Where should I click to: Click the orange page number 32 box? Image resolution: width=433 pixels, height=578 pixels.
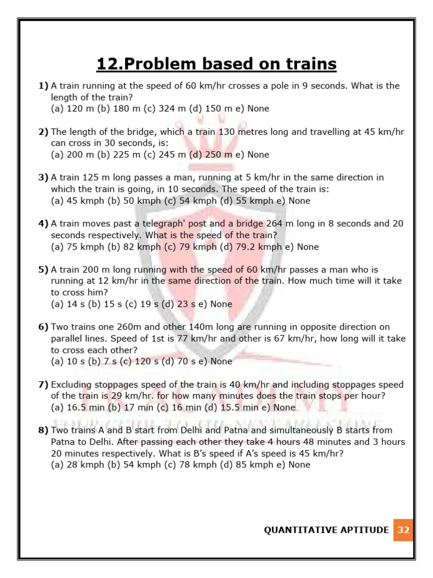[403, 530]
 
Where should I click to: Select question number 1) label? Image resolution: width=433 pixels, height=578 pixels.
[43, 86]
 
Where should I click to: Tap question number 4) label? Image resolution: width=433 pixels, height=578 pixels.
[43, 224]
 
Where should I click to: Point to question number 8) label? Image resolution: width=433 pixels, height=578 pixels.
[43, 431]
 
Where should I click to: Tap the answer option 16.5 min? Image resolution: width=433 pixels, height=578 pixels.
[78, 408]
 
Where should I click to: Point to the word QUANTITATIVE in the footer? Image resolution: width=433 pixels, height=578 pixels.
[298, 530]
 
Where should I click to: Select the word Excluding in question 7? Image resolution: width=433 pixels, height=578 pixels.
[73, 385]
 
